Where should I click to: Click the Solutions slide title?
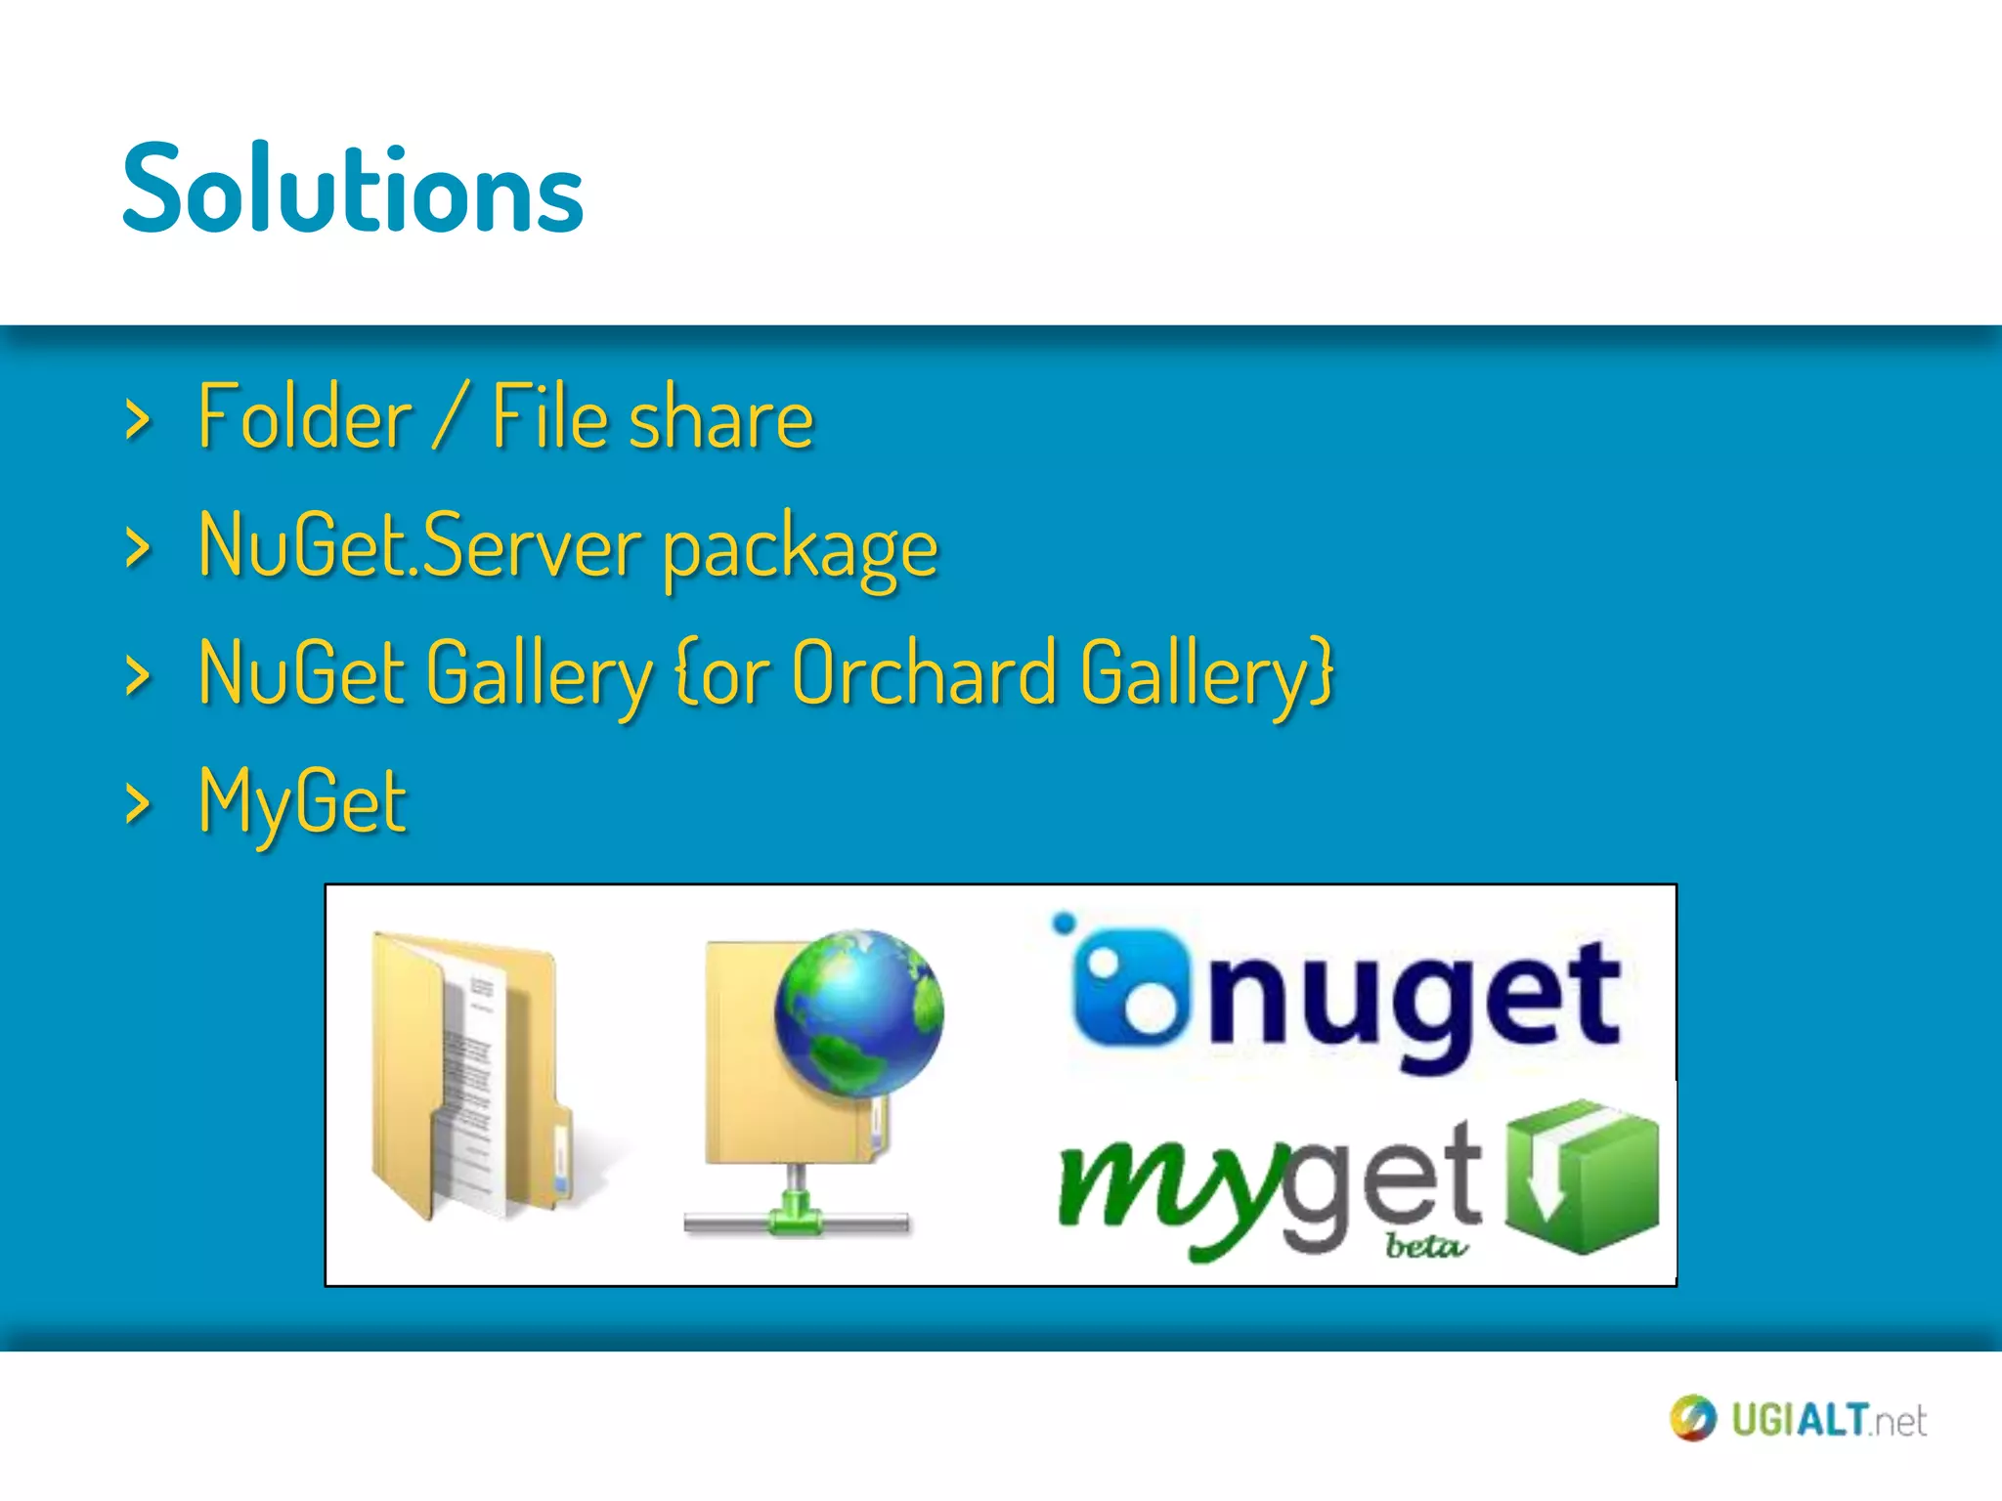(353, 188)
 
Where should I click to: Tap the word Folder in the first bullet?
(304, 417)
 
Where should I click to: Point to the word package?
(800, 550)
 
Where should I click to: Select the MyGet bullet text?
(302, 801)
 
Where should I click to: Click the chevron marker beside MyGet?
(139, 804)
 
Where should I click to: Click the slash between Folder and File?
(451, 417)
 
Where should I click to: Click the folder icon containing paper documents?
(469, 1075)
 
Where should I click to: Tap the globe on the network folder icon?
(858, 1012)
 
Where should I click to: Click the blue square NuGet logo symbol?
(1129, 987)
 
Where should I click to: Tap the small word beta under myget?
(1425, 1247)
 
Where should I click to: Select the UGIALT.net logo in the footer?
(1799, 1419)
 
